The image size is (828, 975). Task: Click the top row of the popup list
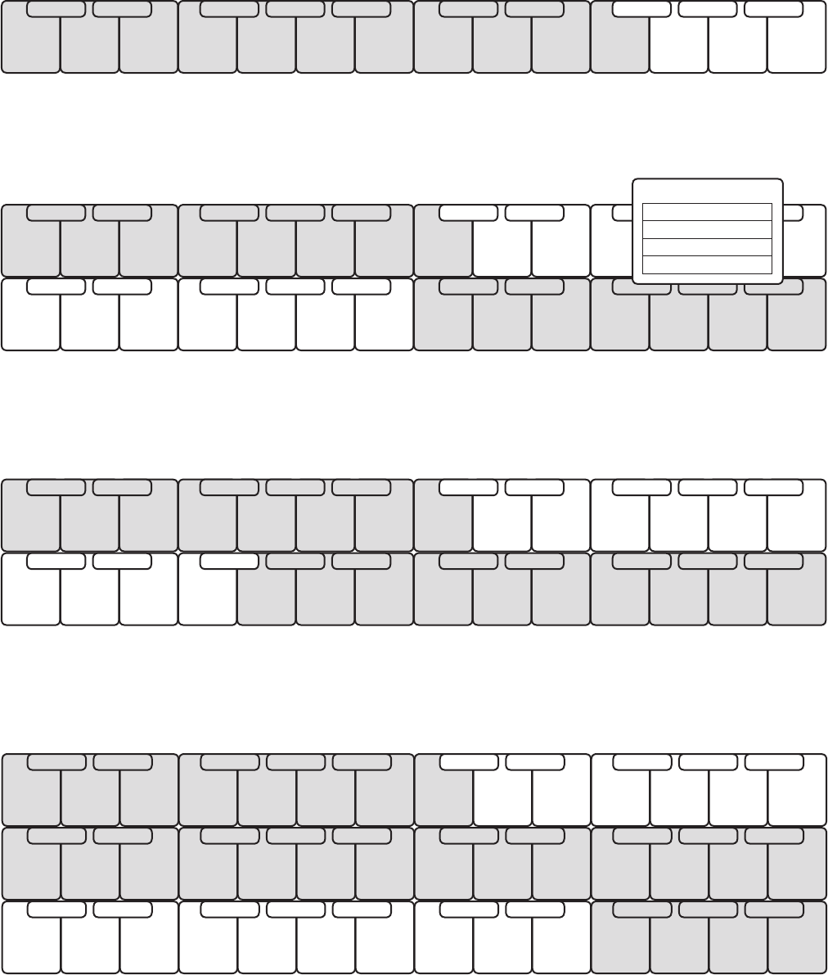[708, 212]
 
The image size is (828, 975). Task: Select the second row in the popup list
[708, 229]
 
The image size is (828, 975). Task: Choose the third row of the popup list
[708, 247]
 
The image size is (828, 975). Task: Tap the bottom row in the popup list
[708, 264]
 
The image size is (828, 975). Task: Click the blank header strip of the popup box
[708, 191]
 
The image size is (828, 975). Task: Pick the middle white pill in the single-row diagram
[708, 9]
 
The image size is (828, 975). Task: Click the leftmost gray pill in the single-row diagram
[56, 9]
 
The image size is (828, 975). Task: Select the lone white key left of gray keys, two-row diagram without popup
[208, 598]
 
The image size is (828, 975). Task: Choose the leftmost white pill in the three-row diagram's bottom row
[56, 909]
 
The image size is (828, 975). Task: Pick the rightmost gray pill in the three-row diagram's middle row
[773, 835]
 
